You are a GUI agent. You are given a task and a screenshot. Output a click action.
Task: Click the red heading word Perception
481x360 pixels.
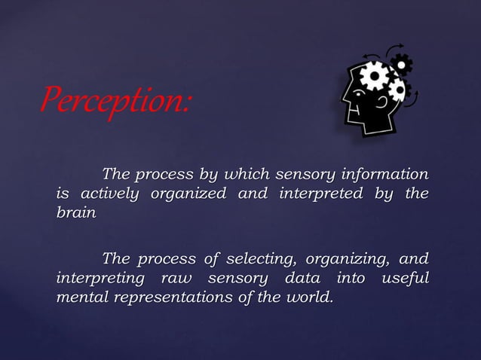(113, 100)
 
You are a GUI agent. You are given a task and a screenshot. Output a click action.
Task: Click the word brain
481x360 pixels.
(76, 213)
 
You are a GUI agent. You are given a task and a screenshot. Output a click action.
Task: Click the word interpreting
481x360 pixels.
(102, 279)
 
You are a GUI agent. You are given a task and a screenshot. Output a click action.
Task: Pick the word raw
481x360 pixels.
(176, 279)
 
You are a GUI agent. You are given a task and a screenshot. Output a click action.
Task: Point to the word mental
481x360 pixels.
(81, 297)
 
